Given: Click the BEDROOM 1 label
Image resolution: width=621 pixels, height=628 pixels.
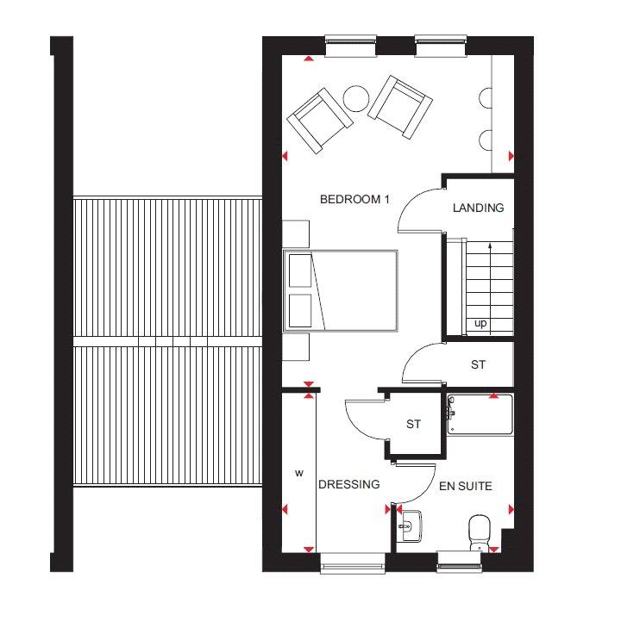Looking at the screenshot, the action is [354, 199].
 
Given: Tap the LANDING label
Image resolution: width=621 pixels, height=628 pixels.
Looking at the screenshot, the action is [479, 208].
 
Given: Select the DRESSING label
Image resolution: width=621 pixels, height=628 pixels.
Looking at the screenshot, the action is [348, 484].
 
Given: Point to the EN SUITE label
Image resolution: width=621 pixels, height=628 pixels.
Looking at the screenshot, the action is [466, 486].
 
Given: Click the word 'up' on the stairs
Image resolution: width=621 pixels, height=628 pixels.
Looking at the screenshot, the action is [480, 323].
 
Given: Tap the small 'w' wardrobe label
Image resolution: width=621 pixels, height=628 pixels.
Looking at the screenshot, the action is [299, 473].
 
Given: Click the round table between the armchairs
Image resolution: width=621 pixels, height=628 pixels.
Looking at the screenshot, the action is [356, 99].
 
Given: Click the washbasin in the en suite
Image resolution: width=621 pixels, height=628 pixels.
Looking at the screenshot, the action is [410, 525].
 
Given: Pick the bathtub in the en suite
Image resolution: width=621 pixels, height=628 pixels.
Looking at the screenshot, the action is [480, 414].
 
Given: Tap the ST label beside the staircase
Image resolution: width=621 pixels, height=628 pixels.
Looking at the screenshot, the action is [478, 364].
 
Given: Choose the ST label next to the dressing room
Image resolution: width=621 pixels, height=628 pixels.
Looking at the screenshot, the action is [413, 424].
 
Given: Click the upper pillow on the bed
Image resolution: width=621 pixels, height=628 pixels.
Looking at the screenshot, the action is [300, 270].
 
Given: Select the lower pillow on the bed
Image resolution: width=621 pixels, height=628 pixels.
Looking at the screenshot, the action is [300, 310].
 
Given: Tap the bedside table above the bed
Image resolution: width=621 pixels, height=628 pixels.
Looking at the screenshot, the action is [296, 234].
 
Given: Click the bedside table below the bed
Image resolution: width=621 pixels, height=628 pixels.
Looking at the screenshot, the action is [296, 347].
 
